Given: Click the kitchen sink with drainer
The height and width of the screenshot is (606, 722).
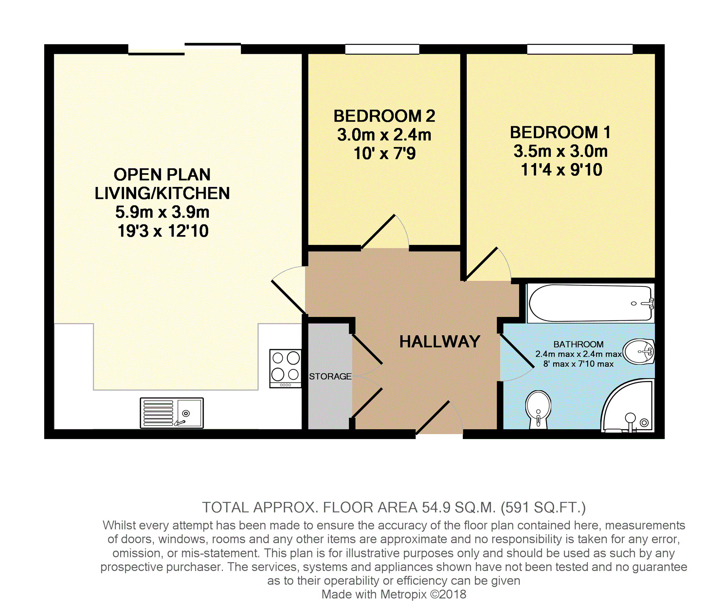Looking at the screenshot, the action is coord(171,413).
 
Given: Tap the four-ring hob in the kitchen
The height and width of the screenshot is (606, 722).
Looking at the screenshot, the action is coord(285,368).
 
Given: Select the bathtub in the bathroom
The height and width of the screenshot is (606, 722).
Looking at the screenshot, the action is coord(590,303).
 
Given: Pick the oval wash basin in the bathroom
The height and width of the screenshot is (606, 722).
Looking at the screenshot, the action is coord(639,351).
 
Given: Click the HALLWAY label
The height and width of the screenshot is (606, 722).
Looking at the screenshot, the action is coord(440,341).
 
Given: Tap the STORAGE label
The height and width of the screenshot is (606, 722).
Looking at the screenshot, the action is coord(330,376).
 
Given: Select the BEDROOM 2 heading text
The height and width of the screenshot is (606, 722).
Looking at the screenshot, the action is coord(384,116).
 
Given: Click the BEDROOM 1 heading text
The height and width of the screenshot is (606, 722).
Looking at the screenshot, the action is coord(560,132).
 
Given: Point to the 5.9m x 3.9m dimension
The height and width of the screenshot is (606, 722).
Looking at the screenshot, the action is coord(162,212).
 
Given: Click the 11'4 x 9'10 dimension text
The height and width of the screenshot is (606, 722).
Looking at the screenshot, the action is coord(562,169).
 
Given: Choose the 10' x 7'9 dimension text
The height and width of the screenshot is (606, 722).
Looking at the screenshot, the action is coord(385,153).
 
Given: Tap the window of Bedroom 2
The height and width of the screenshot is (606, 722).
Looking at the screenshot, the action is coord(382,49).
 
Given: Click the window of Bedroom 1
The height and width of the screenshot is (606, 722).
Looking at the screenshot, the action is coord(580,49).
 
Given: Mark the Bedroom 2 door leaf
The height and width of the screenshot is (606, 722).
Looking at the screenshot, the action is coord(378,231).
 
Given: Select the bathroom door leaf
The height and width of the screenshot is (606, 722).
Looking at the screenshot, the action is coord(517,350).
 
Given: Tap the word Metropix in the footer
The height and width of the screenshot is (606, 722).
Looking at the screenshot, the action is coord(404,594).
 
